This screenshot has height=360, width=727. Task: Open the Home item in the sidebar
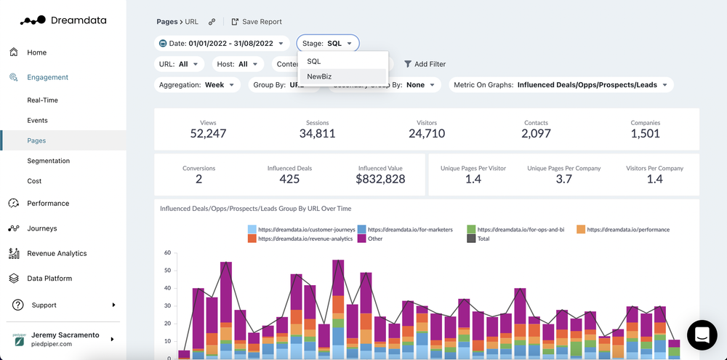(x=36, y=52)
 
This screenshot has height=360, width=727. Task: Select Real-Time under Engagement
(x=42, y=100)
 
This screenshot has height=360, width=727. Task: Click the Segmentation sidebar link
(x=48, y=161)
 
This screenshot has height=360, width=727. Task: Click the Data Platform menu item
(x=49, y=279)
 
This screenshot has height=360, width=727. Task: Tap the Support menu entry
(x=44, y=305)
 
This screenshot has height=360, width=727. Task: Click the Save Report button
(x=256, y=22)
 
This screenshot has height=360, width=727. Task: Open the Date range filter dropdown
(x=222, y=44)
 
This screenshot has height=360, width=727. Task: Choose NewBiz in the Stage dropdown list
(x=320, y=76)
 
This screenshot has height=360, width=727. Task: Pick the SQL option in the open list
(x=314, y=61)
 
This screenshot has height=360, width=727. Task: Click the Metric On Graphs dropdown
(x=561, y=85)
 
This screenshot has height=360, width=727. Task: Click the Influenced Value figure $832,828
(x=380, y=179)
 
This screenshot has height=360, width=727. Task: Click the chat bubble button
(x=702, y=335)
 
